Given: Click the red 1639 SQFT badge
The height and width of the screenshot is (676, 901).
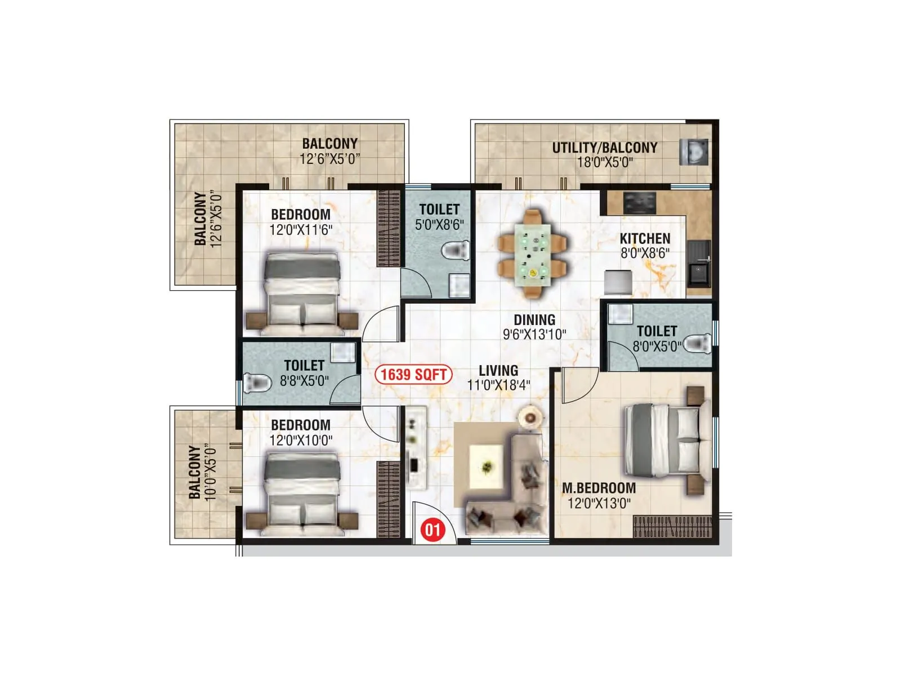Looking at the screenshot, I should (x=414, y=375).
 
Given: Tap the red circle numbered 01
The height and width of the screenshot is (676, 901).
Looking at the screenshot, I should (x=432, y=530).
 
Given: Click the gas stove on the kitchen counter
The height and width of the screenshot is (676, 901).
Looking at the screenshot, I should (x=640, y=203).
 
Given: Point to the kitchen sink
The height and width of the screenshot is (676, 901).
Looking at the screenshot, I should (x=699, y=272).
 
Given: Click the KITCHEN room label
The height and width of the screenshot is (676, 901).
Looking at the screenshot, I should (x=645, y=238).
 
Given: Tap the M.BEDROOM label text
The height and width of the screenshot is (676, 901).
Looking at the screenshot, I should (x=599, y=488).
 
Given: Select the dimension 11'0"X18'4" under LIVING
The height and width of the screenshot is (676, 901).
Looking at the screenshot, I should (x=498, y=385).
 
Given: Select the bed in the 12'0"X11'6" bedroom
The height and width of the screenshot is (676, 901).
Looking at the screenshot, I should (x=302, y=291).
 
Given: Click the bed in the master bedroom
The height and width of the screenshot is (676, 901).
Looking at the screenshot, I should (x=664, y=439).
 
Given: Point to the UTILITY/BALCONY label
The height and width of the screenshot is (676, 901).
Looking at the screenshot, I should (x=604, y=148).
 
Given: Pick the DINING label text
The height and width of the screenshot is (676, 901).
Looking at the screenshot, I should (x=534, y=319).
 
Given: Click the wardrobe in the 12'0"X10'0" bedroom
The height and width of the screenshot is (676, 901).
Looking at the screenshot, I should (x=389, y=499).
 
